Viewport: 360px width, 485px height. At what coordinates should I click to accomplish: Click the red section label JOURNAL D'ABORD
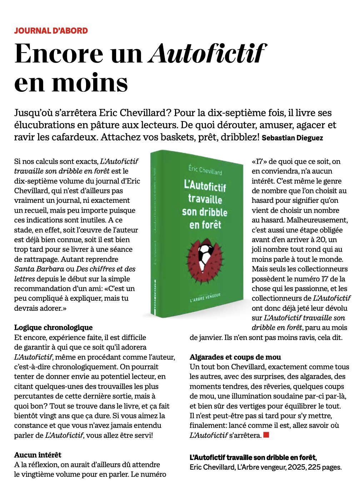(51, 31)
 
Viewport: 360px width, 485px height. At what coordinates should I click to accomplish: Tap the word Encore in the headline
(59, 54)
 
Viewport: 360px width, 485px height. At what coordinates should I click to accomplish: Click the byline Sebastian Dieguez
(292, 138)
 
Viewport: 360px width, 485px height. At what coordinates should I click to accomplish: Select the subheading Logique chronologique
(53, 327)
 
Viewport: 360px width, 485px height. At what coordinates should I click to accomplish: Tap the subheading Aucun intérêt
(37, 455)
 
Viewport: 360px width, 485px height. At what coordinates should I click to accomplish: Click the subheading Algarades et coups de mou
(235, 357)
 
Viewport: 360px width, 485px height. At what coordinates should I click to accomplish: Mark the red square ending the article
(266, 435)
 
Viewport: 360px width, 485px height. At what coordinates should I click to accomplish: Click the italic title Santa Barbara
(39, 269)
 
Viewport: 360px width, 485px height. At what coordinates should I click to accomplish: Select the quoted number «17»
(259, 161)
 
